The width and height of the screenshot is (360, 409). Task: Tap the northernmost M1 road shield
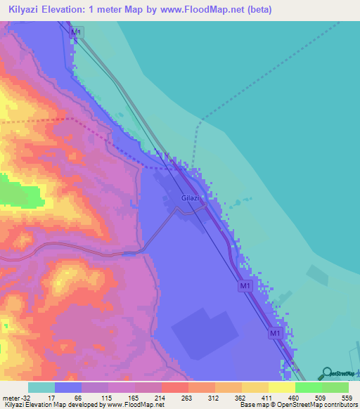[x=77, y=33]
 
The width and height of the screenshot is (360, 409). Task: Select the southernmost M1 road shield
[x=276, y=333]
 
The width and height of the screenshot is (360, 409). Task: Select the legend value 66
[x=77, y=397]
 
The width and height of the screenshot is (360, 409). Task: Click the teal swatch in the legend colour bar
[x=41, y=387]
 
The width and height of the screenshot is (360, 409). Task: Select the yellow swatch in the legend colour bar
[x=282, y=387]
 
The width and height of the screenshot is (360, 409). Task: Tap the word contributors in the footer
[x=340, y=405]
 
